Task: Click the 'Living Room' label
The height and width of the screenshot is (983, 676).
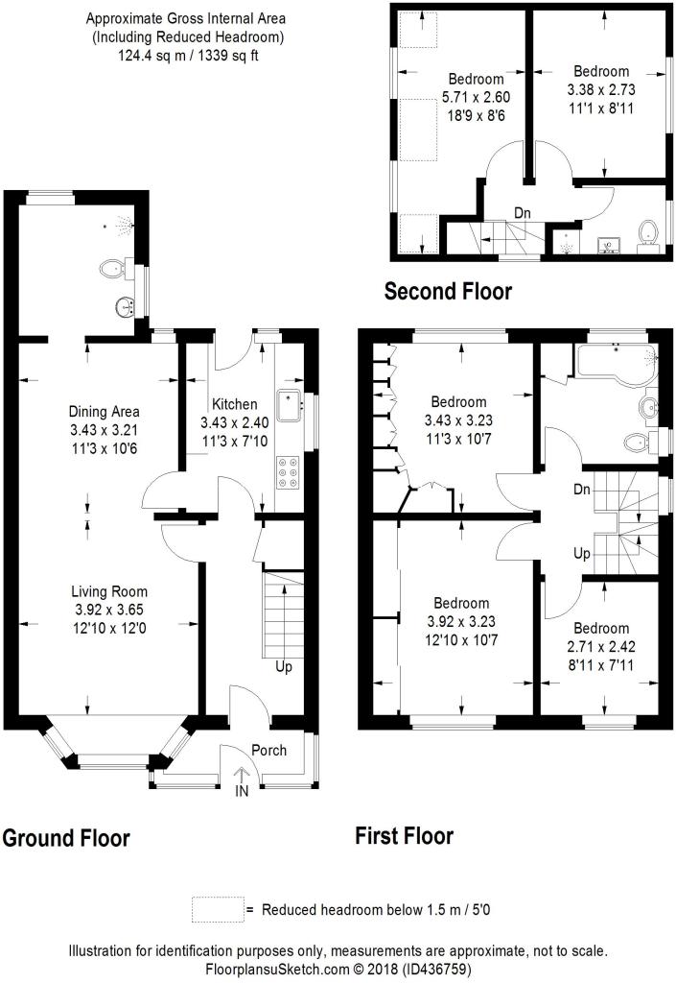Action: (109, 591)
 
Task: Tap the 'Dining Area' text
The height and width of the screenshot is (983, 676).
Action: (104, 412)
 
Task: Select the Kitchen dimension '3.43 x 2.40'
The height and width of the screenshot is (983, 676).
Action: (235, 422)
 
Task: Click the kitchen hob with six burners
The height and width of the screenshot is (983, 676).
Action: (288, 472)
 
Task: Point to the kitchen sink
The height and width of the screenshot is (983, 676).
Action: (291, 405)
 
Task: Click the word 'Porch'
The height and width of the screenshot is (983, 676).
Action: (269, 750)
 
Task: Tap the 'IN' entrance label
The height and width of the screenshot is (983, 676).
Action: (242, 791)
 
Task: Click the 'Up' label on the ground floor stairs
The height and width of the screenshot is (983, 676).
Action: (284, 667)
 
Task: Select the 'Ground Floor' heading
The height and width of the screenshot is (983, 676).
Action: (66, 838)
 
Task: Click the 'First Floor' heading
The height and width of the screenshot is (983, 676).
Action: (405, 836)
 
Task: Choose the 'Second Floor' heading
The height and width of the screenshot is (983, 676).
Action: (448, 291)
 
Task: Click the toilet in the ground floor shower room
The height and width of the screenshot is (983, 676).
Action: (115, 270)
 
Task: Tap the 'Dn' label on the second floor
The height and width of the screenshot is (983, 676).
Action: (523, 213)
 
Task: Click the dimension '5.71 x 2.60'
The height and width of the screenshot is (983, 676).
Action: (476, 97)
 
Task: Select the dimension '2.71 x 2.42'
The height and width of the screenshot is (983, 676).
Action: (601, 646)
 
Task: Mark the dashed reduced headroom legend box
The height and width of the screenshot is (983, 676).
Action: (218, 909)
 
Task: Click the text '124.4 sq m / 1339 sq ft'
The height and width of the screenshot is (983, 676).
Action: (188, 55)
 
